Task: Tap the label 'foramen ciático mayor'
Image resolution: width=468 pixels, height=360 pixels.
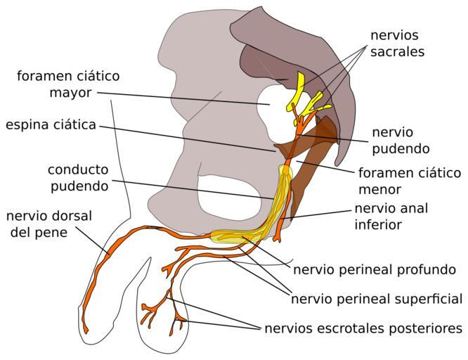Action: [x=68, y=84]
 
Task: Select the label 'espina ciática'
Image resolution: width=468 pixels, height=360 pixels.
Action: [x=51, y=125]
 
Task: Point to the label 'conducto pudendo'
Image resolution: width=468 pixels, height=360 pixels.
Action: [x=78, y=178]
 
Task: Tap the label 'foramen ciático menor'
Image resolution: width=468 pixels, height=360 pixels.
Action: [x=409, y=181]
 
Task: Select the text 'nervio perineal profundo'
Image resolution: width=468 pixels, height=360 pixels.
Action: [x=375, y=269]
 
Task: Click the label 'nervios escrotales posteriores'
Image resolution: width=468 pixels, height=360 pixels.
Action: [x=363, y=328]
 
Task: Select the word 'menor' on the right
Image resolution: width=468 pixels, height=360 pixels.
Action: [x=379, y=189]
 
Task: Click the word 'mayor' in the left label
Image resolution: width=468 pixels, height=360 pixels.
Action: [x=68, y=92]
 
